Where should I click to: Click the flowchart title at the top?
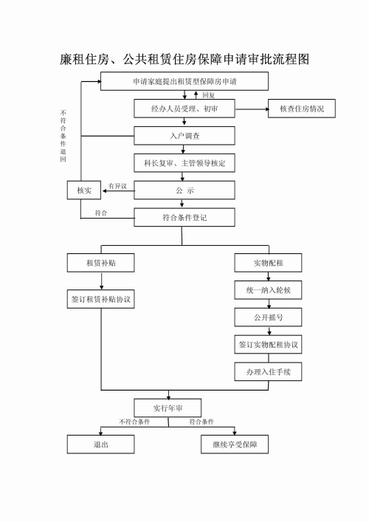[184, 59]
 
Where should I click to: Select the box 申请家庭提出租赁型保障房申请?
[184, 81]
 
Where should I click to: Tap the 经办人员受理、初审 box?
[184, 109]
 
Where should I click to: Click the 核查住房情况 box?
[302, 109]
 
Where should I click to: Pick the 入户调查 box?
[184, 136]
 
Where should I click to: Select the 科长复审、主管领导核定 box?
[184, 163]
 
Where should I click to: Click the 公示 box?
[184, 190]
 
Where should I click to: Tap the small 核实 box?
[84, 190]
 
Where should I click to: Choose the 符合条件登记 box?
[184, 218]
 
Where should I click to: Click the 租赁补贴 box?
[101, 263]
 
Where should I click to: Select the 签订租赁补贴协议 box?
[101, 299]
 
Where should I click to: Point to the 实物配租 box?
[268, 263]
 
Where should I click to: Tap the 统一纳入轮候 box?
[268, 290]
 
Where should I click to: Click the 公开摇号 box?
[268, 317]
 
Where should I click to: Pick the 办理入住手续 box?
[268, 372]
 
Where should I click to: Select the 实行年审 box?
[168, 408]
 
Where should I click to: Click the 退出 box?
[101, 444]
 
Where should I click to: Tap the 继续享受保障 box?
[235, 444]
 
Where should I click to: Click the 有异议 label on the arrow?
[117, 186]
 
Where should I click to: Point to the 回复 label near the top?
[209, 95]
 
